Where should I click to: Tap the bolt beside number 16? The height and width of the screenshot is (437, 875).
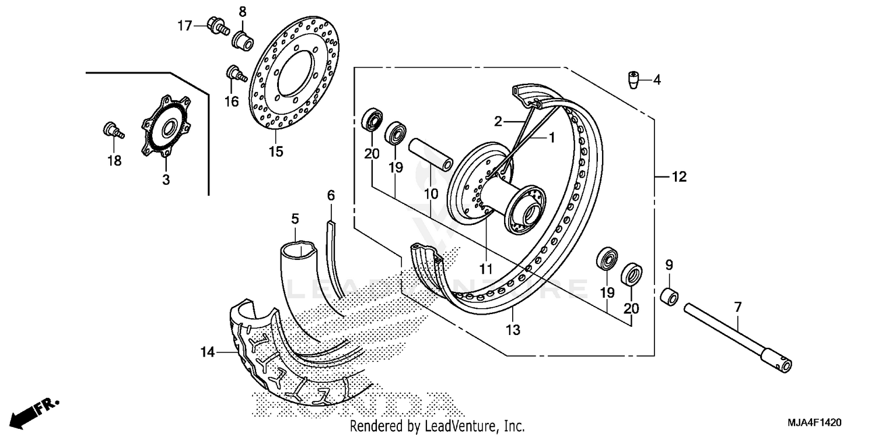click(x=235, y=74)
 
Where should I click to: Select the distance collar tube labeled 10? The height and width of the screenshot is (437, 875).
click(x=430, y=153)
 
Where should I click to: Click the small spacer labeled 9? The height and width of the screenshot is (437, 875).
click(x=668, y=295)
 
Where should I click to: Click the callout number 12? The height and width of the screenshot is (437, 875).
click(x=680, y=177)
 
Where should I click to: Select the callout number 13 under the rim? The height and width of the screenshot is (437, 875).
click(x=513, y=330)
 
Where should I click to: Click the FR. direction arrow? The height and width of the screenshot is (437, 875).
click(x=32, y=412)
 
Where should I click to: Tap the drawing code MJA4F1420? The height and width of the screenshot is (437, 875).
click(x=815, y=421)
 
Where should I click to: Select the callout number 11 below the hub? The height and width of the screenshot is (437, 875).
click(x=486, y=269)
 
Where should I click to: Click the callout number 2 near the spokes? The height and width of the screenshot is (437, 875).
click(x=498, y=121)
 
